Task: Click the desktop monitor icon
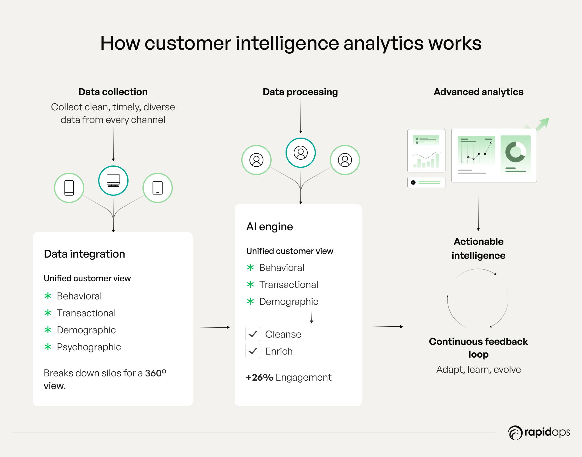coord(113,181)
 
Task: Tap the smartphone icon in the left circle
coord(69,188)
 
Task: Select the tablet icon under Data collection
coord(158,188)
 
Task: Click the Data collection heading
coord(113,92)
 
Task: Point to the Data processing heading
coord(300,92)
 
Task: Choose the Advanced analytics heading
coord(479,92)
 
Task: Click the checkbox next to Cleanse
coord(253,334)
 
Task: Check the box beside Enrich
coord(253,351)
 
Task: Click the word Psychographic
coord(89,347)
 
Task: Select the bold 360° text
coord(156,373)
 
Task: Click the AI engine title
coord(270,227)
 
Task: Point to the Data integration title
coord(85,254)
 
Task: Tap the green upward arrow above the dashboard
coord(542,124)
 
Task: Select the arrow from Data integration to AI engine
coord(215,327)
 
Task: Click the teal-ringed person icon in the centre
coord(301,153)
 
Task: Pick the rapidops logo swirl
coord(515,433)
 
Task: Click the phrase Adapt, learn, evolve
coord(479,369)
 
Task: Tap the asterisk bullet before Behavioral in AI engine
coord(250,268)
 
